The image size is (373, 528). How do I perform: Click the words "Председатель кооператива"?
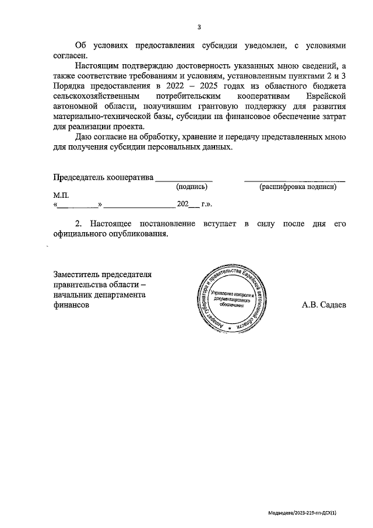click(x=103, y=177)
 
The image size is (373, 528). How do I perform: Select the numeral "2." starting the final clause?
click(x=80, y=224)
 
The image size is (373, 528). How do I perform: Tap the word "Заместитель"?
click(x=77, y=274)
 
